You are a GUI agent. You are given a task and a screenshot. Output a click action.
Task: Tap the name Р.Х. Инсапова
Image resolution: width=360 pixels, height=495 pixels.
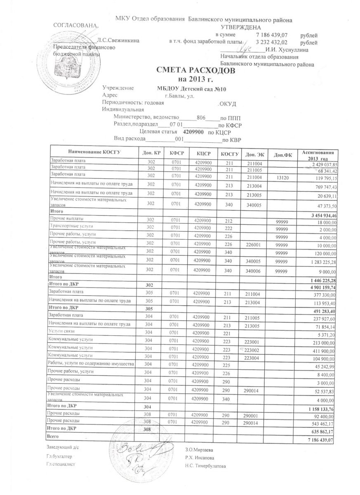tap(200, 457)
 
